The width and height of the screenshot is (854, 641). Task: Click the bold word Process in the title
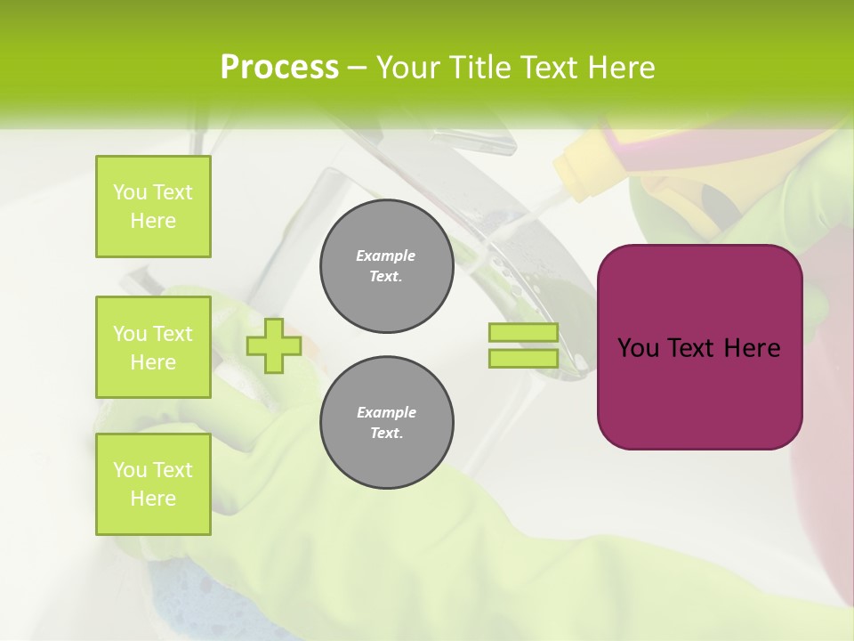coord(279,67)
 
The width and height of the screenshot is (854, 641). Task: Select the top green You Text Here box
coord(153,207)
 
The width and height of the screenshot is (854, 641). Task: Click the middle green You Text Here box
coord(153,347)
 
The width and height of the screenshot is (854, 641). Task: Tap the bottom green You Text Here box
coord(153,484)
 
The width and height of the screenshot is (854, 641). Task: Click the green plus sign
coord(274,345)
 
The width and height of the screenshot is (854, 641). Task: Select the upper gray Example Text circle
coord(386,266)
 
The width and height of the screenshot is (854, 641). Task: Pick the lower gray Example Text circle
coord(386,423)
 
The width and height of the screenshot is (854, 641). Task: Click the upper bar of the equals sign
coord(523,333)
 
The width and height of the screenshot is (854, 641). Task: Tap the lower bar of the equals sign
coord(523,359)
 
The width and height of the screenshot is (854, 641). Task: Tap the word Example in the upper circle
coord(386,256)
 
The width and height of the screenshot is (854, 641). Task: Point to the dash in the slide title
coord(358,68)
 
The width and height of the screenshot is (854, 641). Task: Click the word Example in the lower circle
coord(386,412)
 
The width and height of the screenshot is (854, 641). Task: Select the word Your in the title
coord(409,67)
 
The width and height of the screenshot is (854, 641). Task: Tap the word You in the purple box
coord(638,348)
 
